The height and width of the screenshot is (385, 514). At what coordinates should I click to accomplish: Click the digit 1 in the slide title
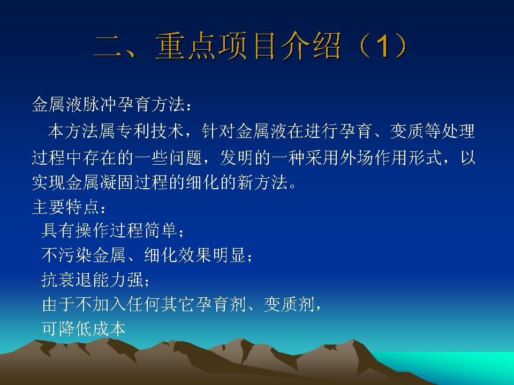pos(382,47)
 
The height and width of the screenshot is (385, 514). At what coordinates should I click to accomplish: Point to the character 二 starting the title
pos(109,47)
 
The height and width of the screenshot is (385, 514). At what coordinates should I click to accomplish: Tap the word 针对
pos(218,131)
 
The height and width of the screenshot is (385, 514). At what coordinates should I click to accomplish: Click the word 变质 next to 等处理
pos(407,131)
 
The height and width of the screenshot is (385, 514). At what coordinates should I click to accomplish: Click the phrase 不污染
pos(67,255)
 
